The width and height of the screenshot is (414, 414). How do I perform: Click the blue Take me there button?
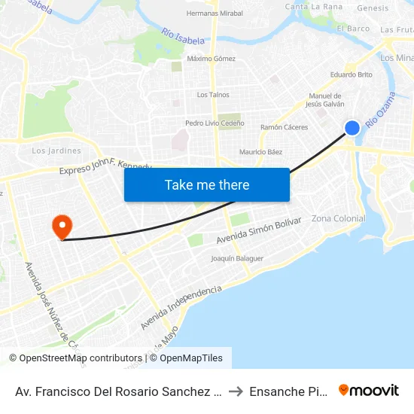pyautogui.click(x=207, y=184)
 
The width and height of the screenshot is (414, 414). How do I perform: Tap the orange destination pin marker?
pyautogui.click(x=61, y=227)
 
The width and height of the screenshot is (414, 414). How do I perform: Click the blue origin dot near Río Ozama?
pyautogui.click(x=352, y=128)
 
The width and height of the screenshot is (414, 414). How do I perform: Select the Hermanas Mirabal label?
pyautogui.click(x=215, y=14)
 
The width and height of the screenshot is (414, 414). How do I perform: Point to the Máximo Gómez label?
pyautogui.click(x=211, y=58)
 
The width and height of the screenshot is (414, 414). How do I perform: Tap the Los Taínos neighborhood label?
pyautogui.click(x=213, y=95)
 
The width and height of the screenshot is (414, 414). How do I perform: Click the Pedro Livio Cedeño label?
pyautogui.click(x=213, y=123)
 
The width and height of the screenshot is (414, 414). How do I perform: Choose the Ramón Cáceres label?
pyautogui.click(x=284, y=127)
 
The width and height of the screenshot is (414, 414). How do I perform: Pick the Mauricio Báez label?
pyautogui.click(x=261, y=152)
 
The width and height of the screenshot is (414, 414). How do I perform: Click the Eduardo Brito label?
pyautogui.click(x=352, y=75)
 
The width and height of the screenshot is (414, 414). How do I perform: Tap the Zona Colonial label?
pyautogui.click(x=338, y=218)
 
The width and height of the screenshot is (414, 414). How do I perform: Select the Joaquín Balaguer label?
pyautogui.click(x=237, y=258)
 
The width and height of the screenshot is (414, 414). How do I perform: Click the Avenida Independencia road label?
pyautogui.click(x=181, y=307)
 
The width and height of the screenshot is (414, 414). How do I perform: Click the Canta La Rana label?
pyautogui.click(x=313, y=7)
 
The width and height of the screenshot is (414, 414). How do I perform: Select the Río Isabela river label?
pyautogui.click(x=181, y=38)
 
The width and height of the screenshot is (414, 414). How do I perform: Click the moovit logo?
pyautogui.click(x=369, y=390)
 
